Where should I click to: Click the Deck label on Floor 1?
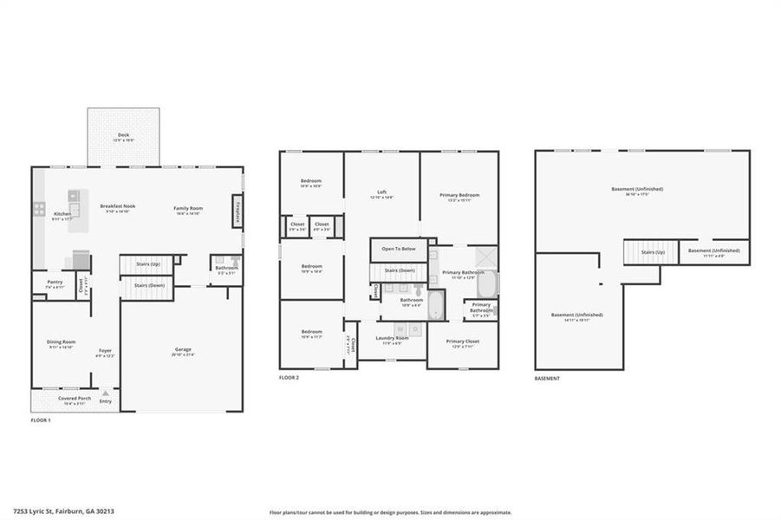pyautogui.click(x=123, y=135)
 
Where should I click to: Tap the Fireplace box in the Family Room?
pyautogui.click(x=236, y=211)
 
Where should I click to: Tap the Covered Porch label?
pyautogui.click(x=75, y=399)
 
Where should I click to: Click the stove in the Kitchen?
pyautogui.click(x=39, y=209)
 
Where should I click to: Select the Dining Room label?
pyautogui.click(x=61, y=343)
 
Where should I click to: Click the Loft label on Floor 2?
pyautogui.click(x=381, y=192)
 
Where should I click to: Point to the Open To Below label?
pyautogui.click(x=398, y=249)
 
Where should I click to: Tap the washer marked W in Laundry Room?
pyautogui.click(x=400, y=329)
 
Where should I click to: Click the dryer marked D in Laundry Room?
pyautogui.click(x=415, y=329)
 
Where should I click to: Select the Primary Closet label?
pyautogui.click(x=462, y=341)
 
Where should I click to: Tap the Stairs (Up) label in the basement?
pyautogui.click(x=653, y=252)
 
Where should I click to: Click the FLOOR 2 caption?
pyautogui.click(x=289, y=378)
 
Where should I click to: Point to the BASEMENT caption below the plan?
pyautogui.click(x=547, y=378)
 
